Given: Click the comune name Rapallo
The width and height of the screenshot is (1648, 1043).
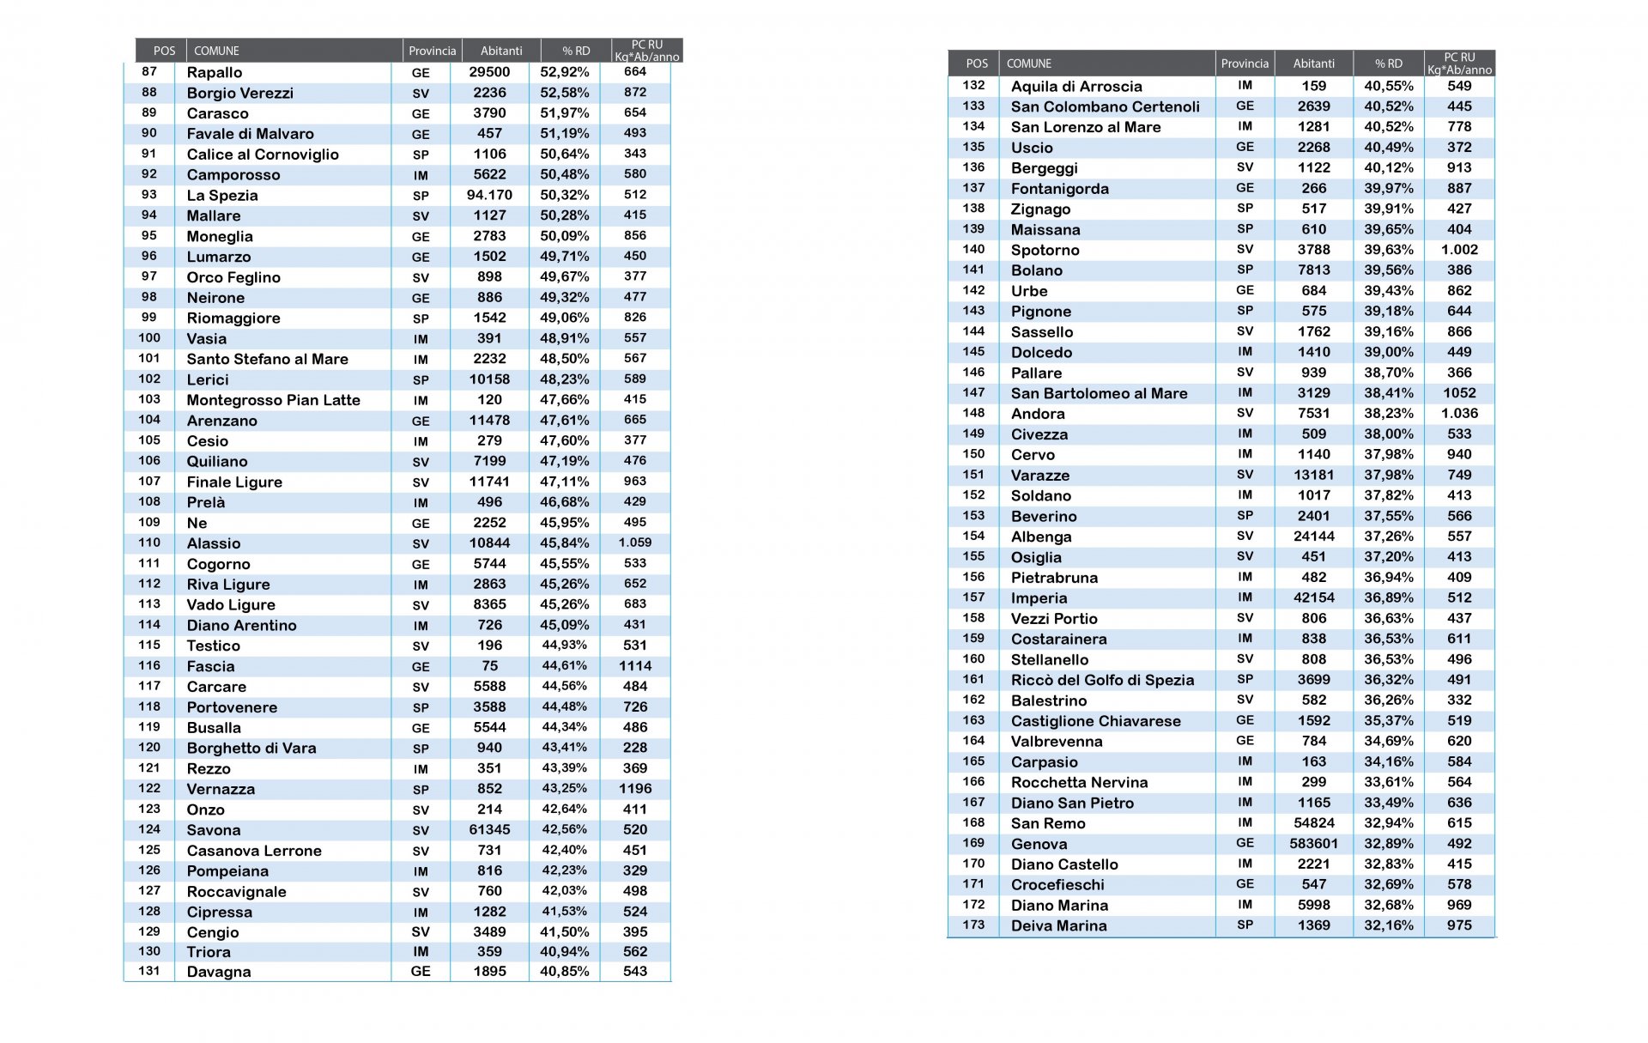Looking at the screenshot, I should pyautogui.click(x=215, y=73).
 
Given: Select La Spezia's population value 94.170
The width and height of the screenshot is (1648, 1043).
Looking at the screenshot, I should pyautogui.click(x=489, y=196).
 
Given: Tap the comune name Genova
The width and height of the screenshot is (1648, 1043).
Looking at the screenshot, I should pyautogui.click(x=1039, y=845).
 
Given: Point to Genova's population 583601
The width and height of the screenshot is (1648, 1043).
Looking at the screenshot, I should pyautogui.click(x=1313, y=844).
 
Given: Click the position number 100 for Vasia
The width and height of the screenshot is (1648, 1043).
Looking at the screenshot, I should pyautogui.click(x=149, y=338).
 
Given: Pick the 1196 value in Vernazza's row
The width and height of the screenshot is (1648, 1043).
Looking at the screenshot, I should pyautogui.click(x=635, y=789).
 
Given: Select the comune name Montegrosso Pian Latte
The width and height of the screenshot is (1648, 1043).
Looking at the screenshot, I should pyautogui.click(x=273, y=400).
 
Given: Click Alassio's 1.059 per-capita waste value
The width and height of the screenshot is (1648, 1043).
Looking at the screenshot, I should pyautogui.click(x=635, y=543).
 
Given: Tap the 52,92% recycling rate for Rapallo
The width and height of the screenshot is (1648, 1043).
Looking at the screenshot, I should pyautogui.click(x=564, y=72).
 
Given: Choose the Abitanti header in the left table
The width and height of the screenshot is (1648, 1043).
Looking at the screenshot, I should pyautogui.click(x=501, y=51).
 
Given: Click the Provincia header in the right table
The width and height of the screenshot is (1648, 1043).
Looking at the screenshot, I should pyautogui.click(x=1245, y=64).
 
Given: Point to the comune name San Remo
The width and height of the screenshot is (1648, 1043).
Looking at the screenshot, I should pyautogui.click(x=1048, y=824).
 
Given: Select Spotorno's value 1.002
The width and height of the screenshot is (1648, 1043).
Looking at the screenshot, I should pyautogui.click(x=1459, y=250).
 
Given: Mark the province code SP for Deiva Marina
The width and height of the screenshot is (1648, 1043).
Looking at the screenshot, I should pyautogui.click(x=1245, y=925).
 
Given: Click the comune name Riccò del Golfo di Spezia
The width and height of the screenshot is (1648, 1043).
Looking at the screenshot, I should pyautogui.click(x=1102, y=681).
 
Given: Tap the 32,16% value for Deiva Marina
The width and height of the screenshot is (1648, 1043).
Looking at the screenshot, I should pyautogui.click(x=1388, y=925).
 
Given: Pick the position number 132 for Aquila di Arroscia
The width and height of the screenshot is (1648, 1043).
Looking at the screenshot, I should pyautogui.click(x=973, y=86).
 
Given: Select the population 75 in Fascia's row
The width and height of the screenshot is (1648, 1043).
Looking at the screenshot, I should pyautogui.click(x=489, y=666).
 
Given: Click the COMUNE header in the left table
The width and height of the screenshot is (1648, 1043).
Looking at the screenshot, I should pyautogui.click(x=216, y=51).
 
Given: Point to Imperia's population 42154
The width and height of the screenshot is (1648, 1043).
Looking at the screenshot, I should pyautogui.click(x=1313, y=598).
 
